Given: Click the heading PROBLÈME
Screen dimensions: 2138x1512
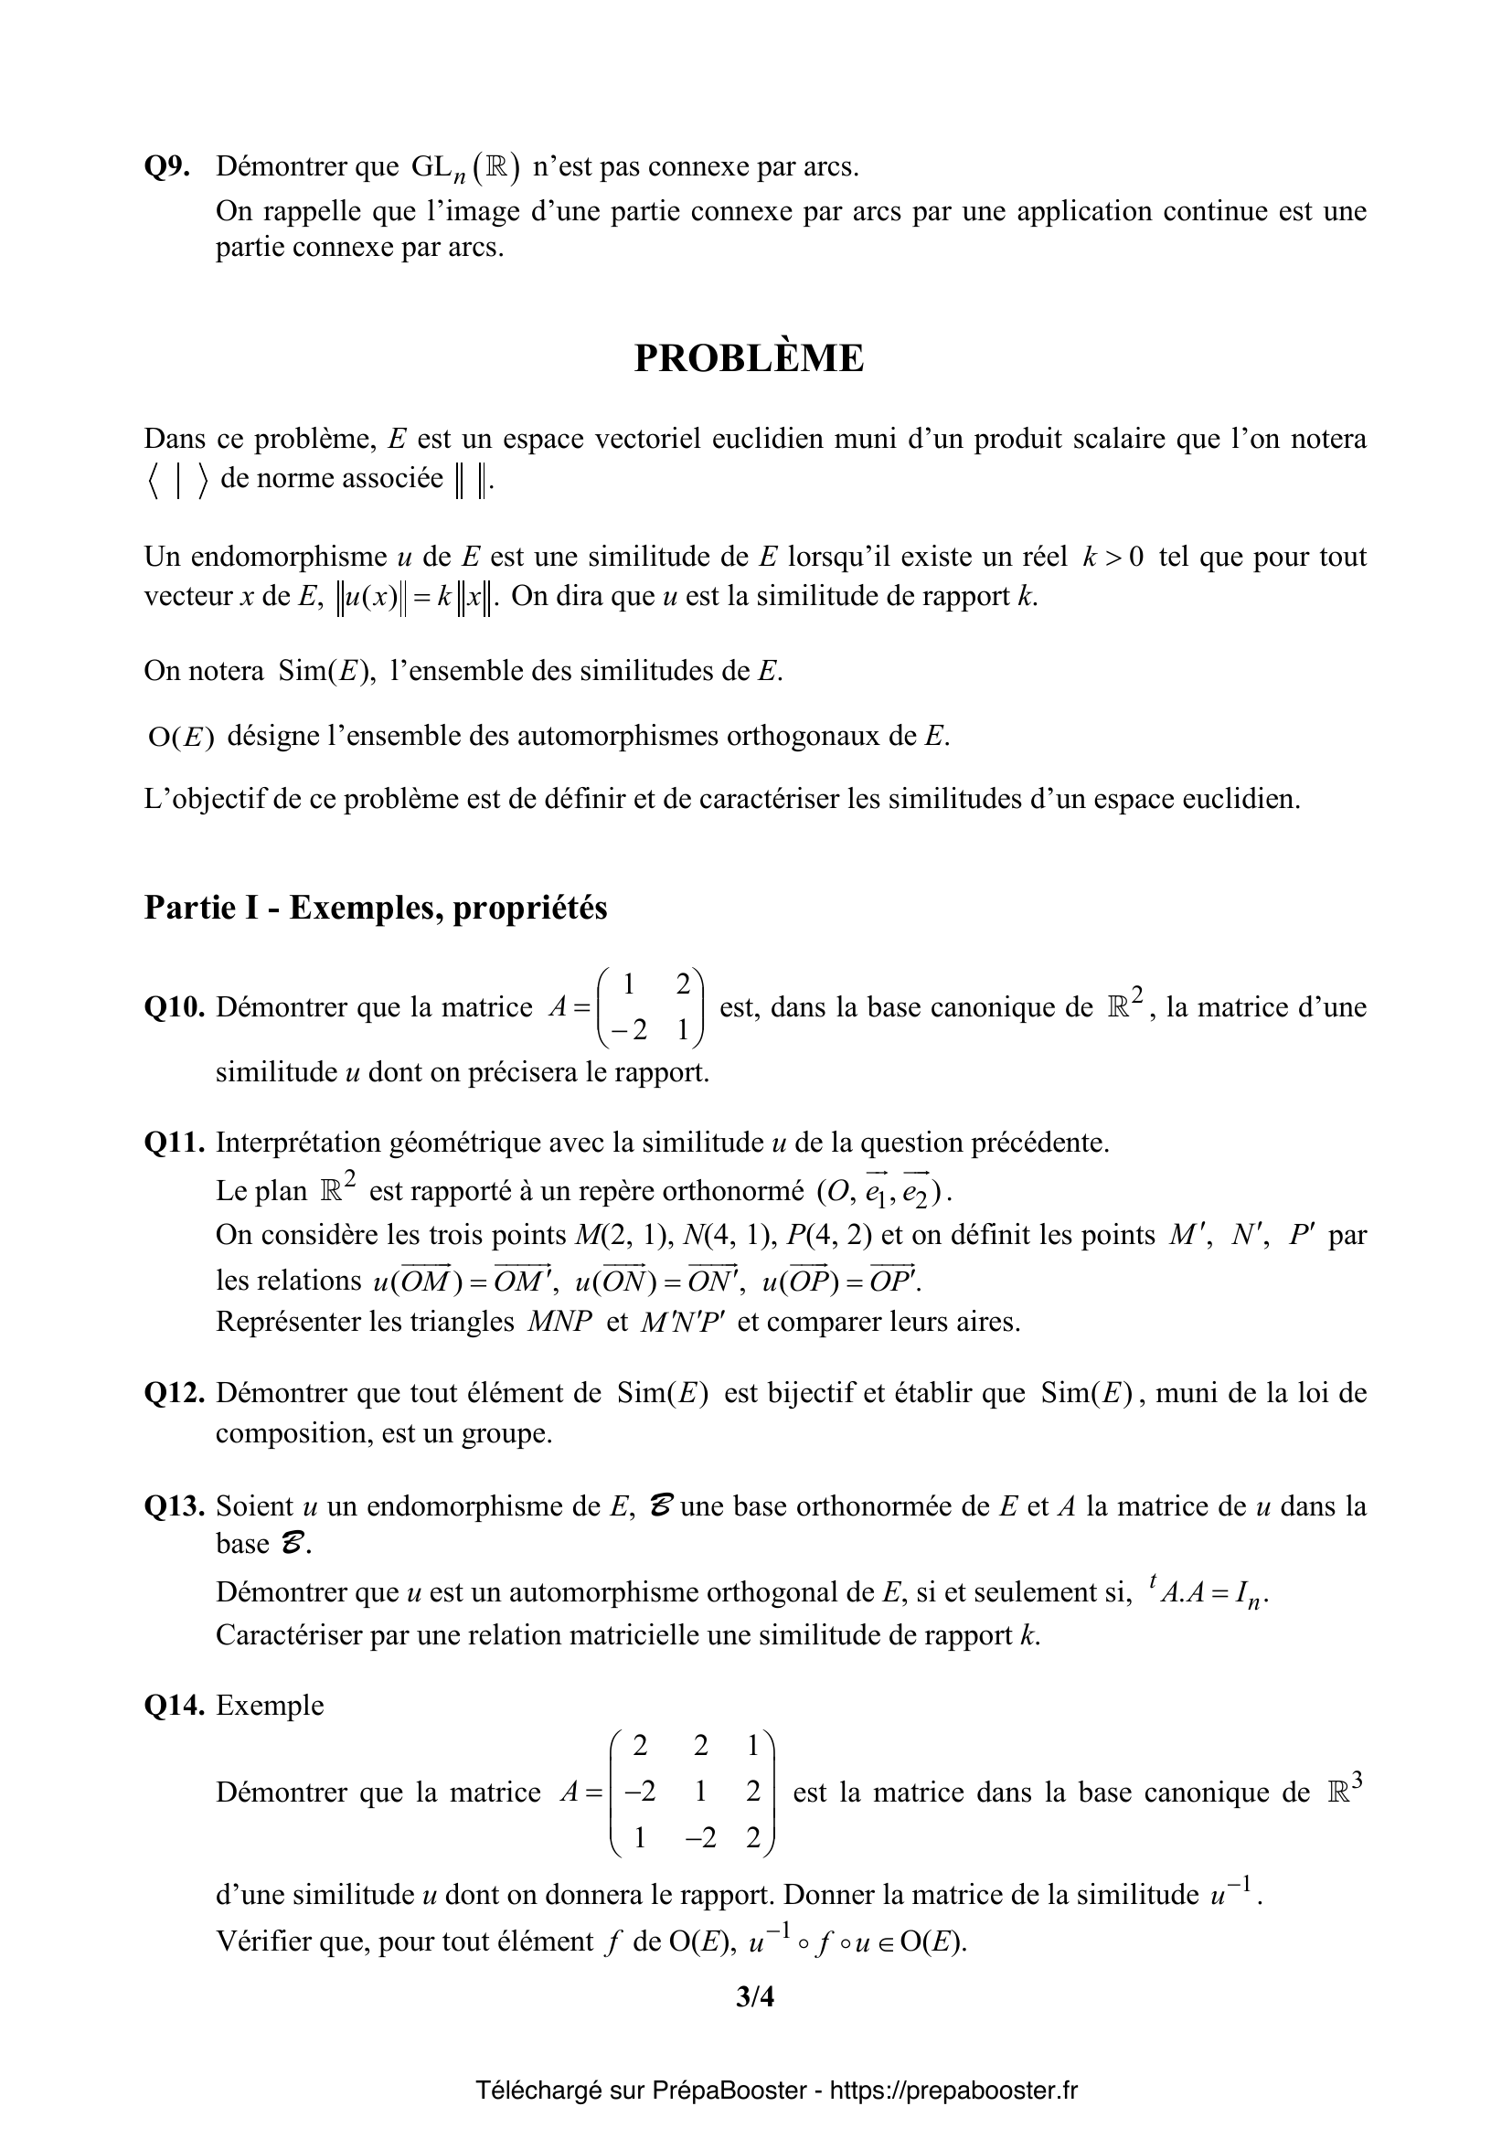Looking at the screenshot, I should point(749,359).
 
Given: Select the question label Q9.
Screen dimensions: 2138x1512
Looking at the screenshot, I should point(167,167).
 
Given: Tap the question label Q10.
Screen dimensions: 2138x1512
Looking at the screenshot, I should point(174,1007).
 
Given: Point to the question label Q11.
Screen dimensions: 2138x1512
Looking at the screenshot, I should point(174,1143).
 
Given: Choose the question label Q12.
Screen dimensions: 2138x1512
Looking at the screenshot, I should point(174,1393).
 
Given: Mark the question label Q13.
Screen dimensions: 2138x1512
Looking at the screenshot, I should point(174,1505).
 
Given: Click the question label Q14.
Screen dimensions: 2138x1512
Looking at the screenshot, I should point(174,1705).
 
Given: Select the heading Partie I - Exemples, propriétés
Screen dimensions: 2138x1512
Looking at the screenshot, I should point(375,908).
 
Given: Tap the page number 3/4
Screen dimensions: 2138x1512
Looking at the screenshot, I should point(754,1996).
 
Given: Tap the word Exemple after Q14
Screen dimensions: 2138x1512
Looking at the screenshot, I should point(270,1705).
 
